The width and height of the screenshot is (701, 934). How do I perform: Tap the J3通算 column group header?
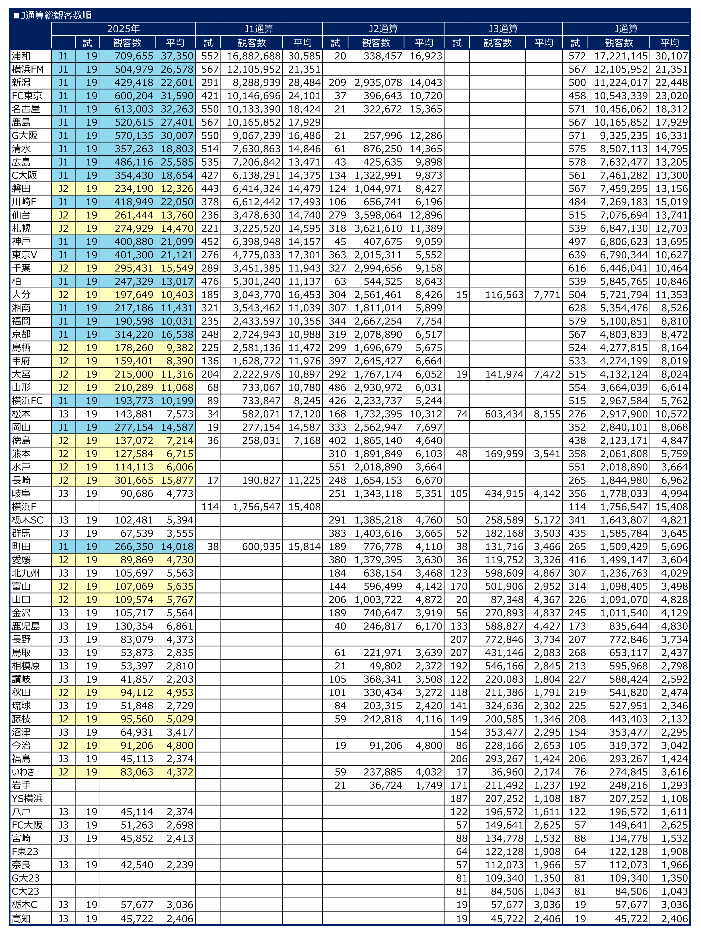point(503,29)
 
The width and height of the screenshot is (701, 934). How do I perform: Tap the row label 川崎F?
point(24,202)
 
